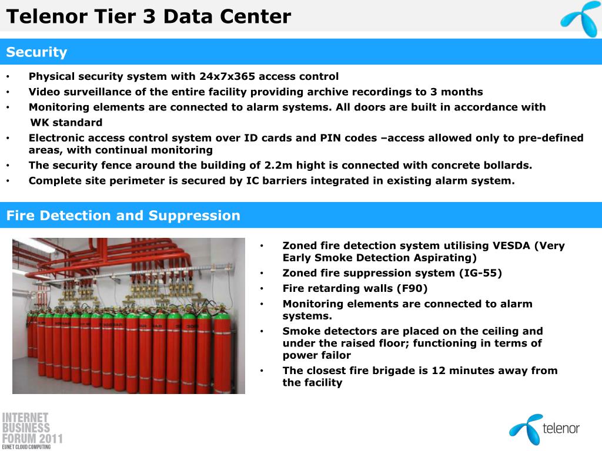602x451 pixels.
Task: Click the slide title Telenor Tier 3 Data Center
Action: point(149,16)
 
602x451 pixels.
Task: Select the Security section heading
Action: point(36,52)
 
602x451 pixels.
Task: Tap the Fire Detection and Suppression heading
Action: point(123,216)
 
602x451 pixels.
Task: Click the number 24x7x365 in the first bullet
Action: point(228,76)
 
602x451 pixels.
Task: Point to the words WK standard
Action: point(66,122)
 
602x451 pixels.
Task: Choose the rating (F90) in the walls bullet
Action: point(412,288)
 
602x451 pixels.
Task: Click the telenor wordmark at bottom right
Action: point(561,428)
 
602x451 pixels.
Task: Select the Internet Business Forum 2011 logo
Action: point(32,430)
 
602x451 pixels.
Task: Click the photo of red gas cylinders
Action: point(129,316)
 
